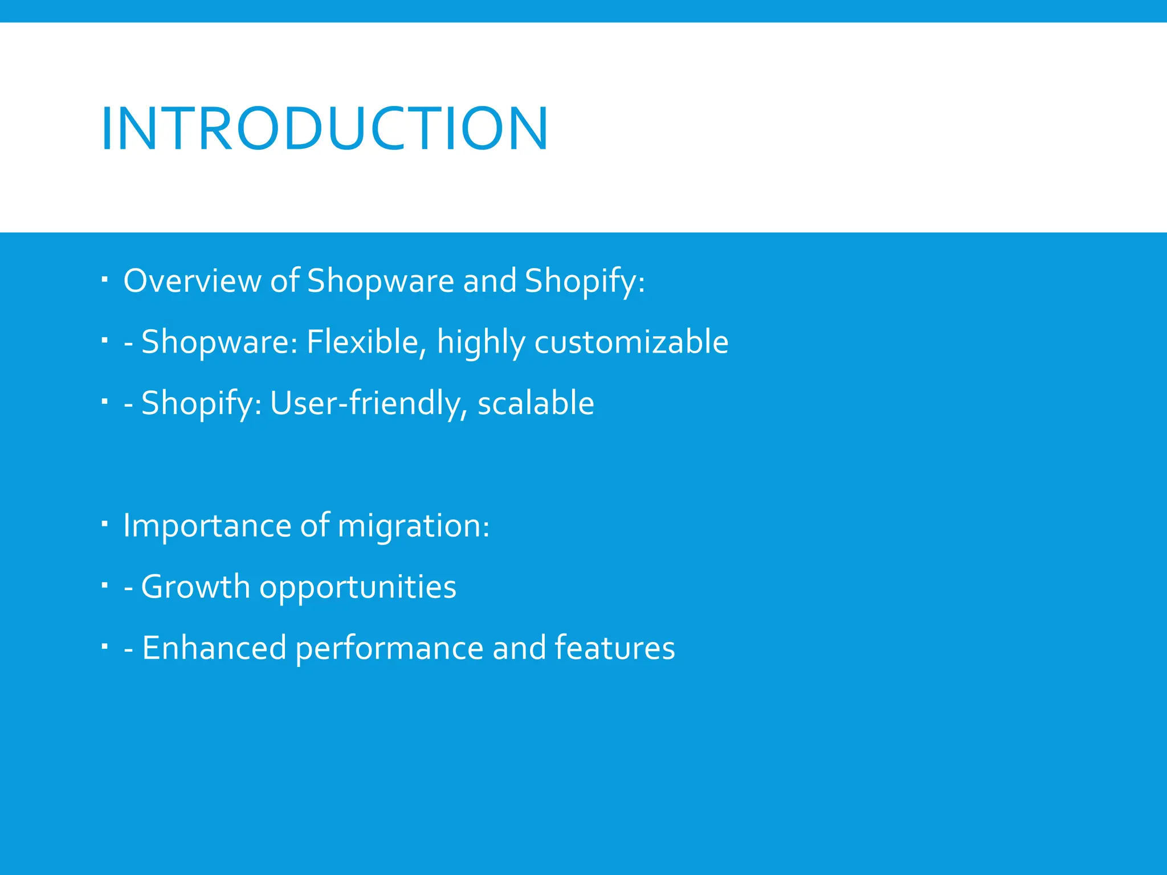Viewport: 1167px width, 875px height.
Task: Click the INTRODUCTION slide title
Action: point(324,129)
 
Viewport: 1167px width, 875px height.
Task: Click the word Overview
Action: point(192,281)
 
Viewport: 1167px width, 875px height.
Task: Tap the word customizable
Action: point(631,342)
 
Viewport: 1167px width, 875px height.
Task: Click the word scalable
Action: point(536,403)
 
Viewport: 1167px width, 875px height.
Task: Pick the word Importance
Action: point(207,525)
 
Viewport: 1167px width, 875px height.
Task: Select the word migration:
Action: point(413,525)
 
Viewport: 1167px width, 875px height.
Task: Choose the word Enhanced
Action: point(214,648)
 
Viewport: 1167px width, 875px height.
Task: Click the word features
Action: point(614,648)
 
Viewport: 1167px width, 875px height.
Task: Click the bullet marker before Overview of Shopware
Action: point(104,280)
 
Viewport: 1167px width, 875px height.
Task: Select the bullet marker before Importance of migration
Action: point(104,524)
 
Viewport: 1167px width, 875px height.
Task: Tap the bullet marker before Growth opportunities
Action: point(104,585)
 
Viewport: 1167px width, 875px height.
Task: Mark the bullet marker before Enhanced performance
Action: point(104,647)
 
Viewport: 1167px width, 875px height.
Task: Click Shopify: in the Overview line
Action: point(585,281)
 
